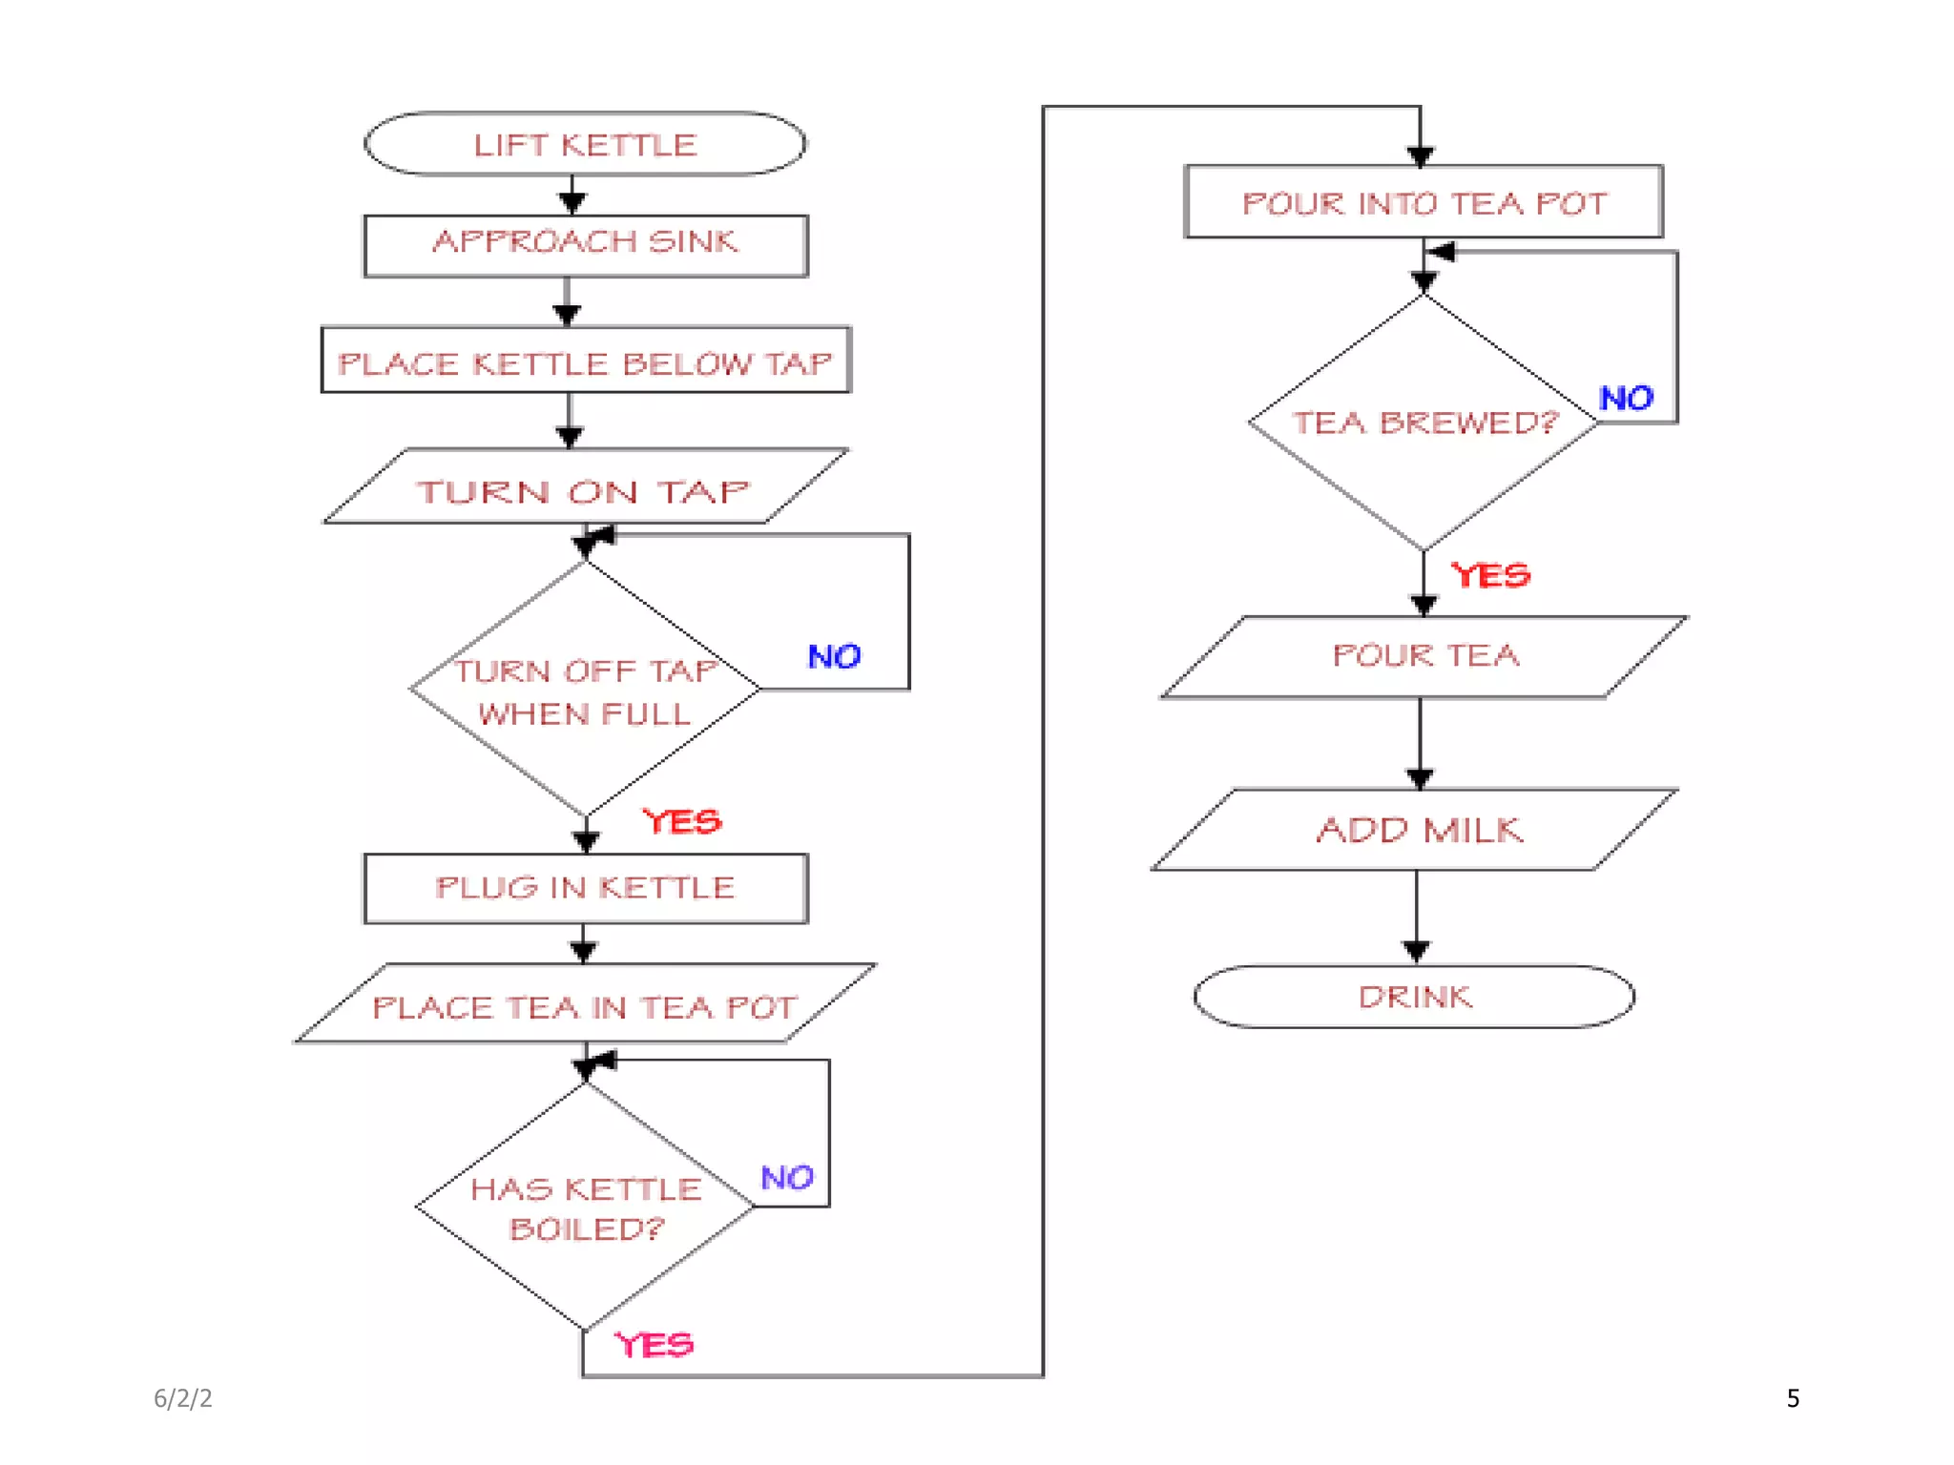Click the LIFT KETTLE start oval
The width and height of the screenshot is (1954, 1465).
pos(585,145)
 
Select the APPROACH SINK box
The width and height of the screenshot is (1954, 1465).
pos(585,245)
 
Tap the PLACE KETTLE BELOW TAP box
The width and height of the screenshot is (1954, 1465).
pos(585,361)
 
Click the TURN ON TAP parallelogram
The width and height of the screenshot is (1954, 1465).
pos(585,487)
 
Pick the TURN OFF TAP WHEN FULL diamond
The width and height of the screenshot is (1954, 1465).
pos(585,690)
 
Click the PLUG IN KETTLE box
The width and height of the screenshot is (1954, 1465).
pos(585,888)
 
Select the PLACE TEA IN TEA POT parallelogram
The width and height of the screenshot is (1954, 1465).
pos(585,1004)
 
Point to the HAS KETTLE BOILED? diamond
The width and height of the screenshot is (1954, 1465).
pos(585,1207)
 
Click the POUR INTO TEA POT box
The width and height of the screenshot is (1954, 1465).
pos(1423,202)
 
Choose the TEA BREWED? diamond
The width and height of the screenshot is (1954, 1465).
pos(1423,423)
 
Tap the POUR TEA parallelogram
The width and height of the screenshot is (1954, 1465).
pos(1423,656)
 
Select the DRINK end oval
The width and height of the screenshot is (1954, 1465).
pos(1414,997)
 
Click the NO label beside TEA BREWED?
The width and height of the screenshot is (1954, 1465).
pos(1626,398)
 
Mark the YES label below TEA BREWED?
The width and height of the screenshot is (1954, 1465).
pos(1489,575)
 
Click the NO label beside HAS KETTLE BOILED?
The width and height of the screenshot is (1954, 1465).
pos(787,1177)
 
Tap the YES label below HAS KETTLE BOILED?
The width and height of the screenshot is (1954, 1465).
pos(654,1345)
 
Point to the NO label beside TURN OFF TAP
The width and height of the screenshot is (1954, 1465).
pos(834,656)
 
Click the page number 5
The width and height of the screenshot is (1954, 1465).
pos(1793,1398)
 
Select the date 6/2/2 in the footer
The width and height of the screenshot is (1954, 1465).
pos(183,1398)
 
